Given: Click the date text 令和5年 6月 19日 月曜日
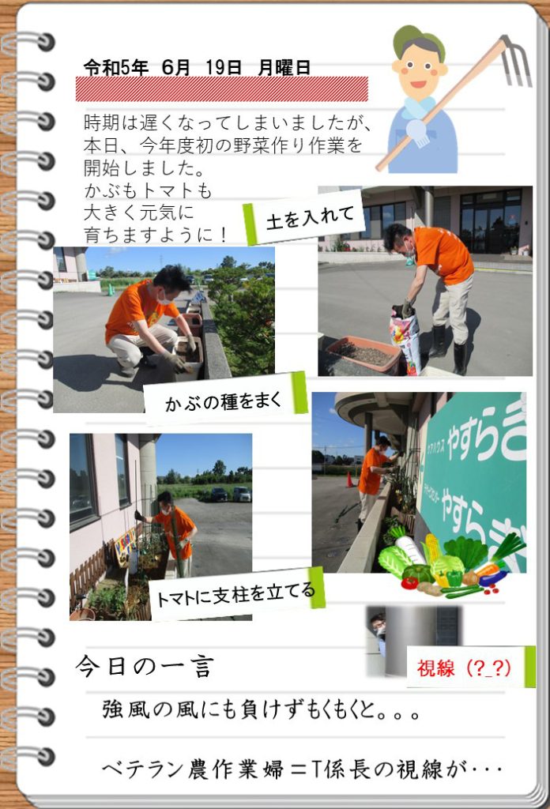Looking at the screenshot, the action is point(197,68).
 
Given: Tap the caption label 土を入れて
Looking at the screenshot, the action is point(310,216).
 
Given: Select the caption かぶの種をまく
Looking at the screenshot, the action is point(224,401).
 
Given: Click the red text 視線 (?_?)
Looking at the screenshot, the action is point(464,668).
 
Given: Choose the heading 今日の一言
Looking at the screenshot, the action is point(145,666).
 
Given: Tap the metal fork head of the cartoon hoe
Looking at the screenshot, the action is point(517,61).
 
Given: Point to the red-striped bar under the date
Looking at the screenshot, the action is point(222,88).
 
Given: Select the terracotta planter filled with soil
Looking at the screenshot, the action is point(364,354).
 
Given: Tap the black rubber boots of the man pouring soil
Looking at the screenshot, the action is point(449,348).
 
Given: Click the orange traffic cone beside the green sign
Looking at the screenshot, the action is point(350,480).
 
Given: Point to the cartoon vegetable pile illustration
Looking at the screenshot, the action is point(451,563).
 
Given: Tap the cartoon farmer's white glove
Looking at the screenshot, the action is point(417,132).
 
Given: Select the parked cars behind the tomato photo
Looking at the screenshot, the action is point(230,495).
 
